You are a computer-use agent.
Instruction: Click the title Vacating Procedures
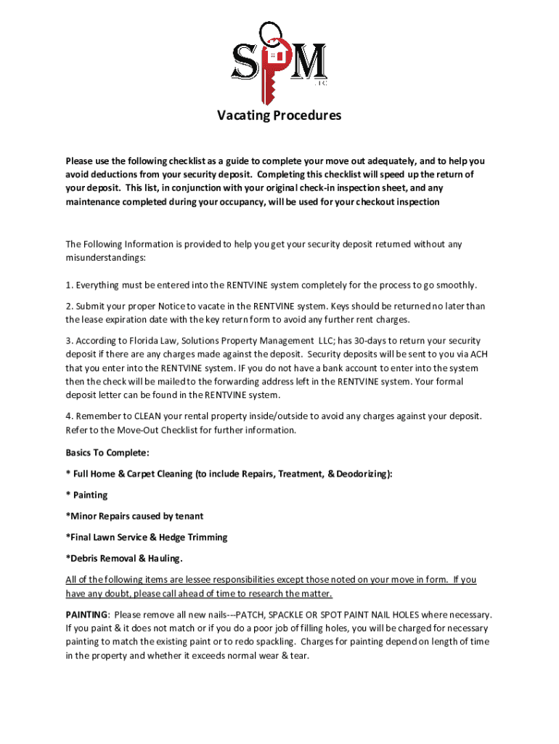[x=279, y=116]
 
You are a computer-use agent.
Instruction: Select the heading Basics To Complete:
[x=107, y=453]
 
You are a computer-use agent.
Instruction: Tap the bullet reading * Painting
[x=86, y=495]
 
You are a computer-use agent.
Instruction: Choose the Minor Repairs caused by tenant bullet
[x=134, y=516]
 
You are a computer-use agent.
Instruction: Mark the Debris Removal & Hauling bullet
[x=124, y=558]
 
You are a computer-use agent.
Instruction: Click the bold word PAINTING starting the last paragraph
[x=86, y=614]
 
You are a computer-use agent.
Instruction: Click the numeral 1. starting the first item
[x=69, y=285]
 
